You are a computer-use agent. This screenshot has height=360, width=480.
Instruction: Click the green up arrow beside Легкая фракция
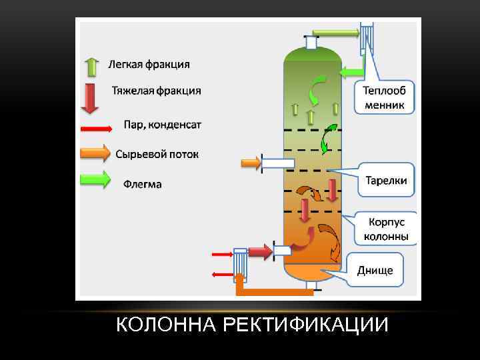coord(91,66)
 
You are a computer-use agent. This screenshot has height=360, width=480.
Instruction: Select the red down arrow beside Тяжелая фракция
coord(89,98)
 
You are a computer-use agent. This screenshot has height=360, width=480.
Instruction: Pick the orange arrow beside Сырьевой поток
coord(95,153)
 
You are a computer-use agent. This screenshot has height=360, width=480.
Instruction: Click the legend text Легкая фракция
coord(149,65)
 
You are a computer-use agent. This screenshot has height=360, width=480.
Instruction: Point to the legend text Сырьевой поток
coord(157,154)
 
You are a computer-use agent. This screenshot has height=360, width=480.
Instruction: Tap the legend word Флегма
coord(142,183)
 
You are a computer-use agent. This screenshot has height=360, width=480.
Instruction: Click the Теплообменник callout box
coord(387,97)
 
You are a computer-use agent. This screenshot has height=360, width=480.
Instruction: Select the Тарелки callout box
coord(385,180)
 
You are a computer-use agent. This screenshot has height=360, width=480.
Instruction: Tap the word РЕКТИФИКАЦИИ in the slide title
coord(306,325)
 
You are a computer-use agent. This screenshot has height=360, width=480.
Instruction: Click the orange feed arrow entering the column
coord(250,163)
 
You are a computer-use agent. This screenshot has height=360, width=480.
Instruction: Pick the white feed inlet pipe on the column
coord(278,163)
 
